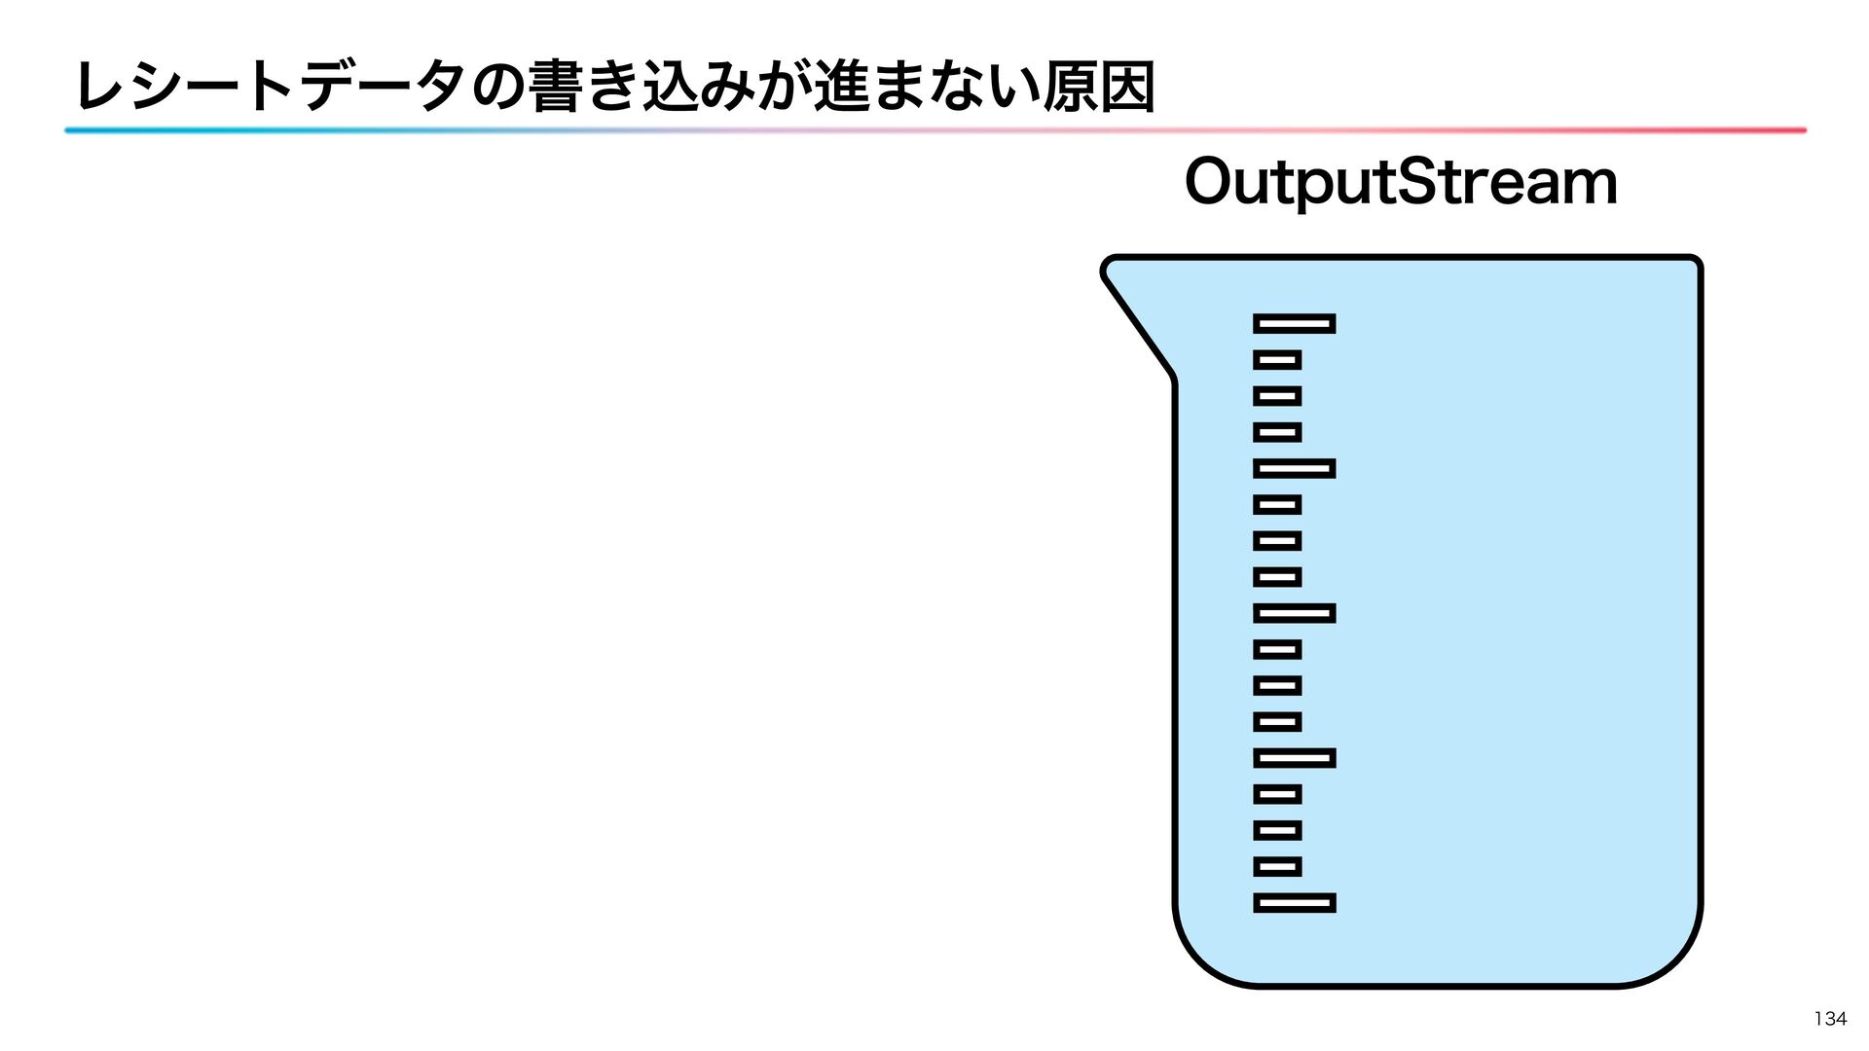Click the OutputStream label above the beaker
click(1400, 184)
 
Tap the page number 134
click(1830, 1019)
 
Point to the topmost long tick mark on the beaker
click(1294, 323)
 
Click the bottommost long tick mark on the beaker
click(1294, 903)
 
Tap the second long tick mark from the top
click(1294, 469)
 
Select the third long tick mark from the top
click(1294, 613)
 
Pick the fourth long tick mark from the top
click(1294, 758)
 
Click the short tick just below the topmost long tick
click(1277, 360)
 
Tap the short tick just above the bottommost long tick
click(1277, 866)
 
